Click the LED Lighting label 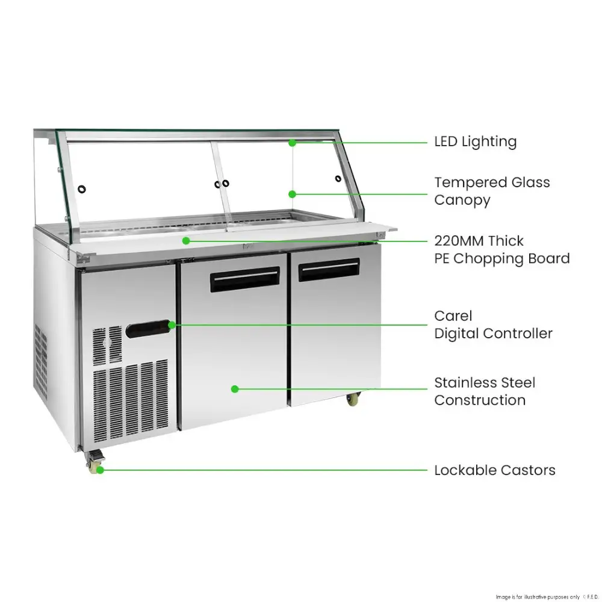(476, 141)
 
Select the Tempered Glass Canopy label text (492, 191)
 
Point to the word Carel (453, 316)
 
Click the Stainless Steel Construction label (485, 391)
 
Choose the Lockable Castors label (494, 470)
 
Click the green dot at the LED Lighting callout (292, 143)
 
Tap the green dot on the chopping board (186, 241)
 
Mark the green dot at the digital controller (172, 325)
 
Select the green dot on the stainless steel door (235, 389)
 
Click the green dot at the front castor (100, 470)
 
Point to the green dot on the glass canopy (292, 194)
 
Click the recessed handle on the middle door (244, 279)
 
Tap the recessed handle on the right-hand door (329, 270)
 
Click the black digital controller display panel (148, 329)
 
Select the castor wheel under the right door (352, 399)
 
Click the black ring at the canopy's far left (81, 189)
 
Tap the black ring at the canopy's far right (338, 179)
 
